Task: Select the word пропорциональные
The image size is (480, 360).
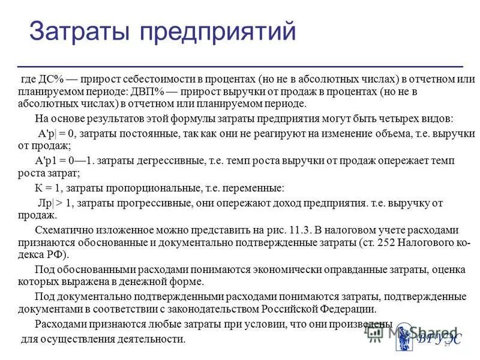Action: coord(137,187)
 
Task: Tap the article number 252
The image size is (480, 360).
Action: coord(381,242)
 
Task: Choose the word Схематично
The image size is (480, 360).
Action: coord(64,230)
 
